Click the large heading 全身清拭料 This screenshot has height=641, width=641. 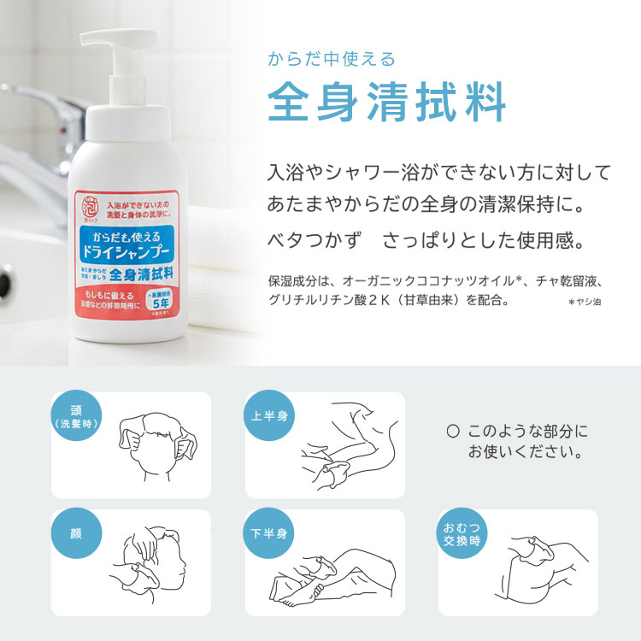pos(387,104)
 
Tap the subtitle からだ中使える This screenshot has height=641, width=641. pos(332,59)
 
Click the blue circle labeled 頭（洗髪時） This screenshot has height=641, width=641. pos(77,416)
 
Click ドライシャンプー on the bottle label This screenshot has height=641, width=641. pos(126,252)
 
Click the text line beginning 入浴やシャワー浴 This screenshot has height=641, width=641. pos(439,173)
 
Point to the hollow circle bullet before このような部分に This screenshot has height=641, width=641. pos(453,432)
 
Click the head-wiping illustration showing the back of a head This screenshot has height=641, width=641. pos(158,444)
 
